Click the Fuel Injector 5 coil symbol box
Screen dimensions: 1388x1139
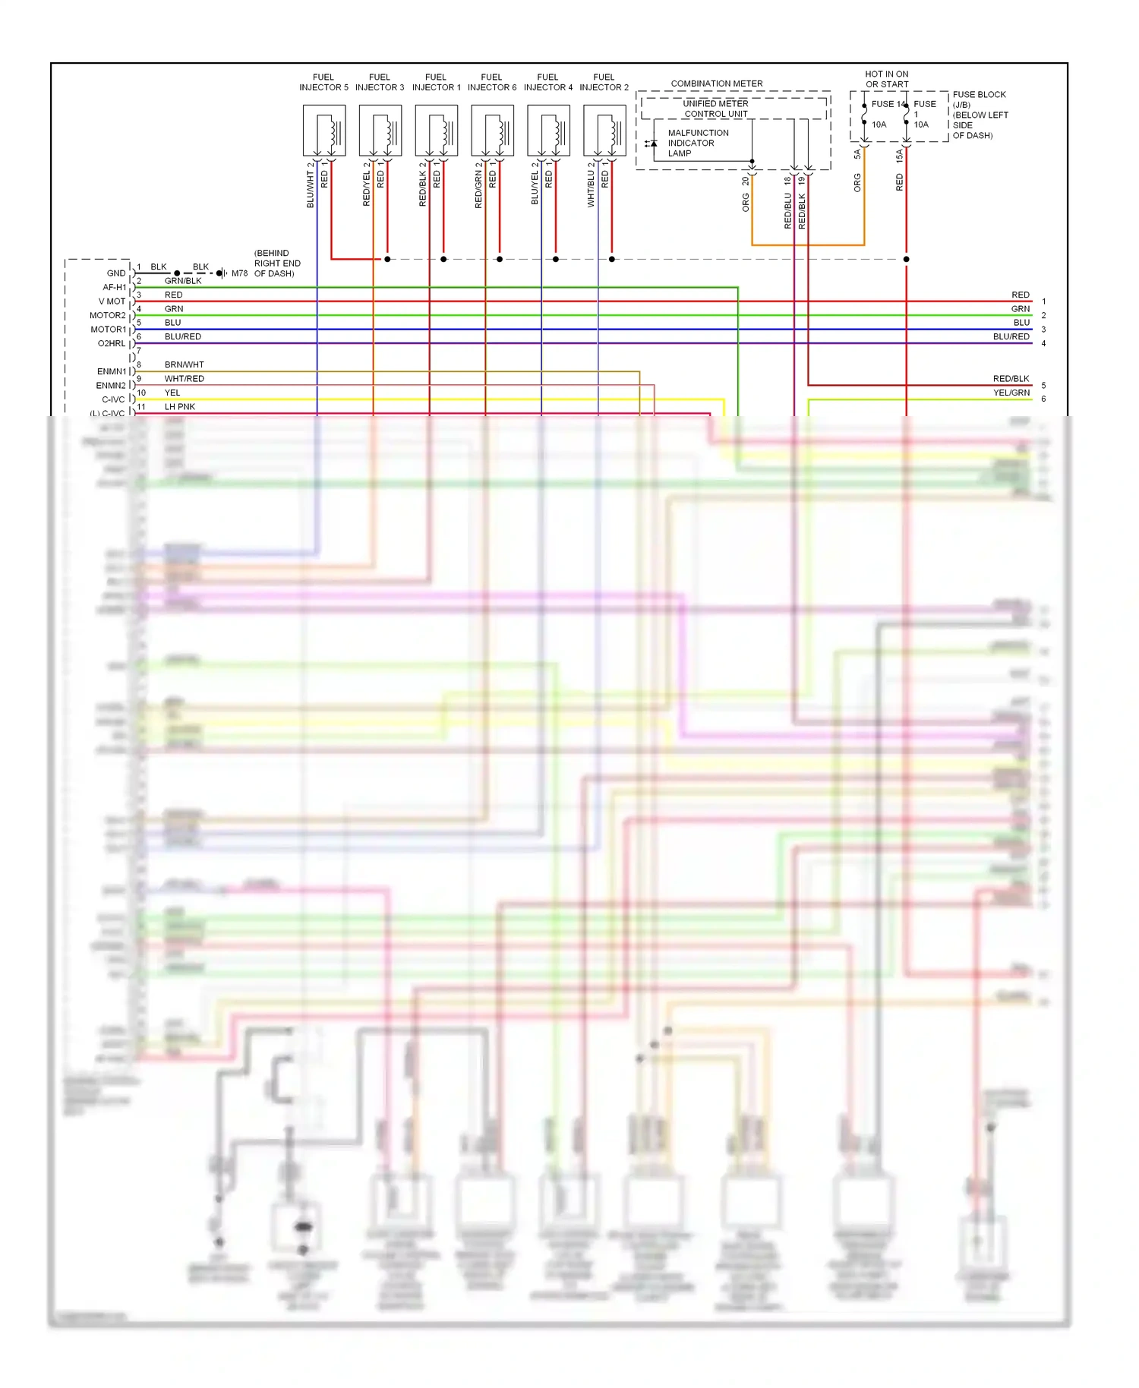(324, 131)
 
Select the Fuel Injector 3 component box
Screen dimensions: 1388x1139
(380, 131)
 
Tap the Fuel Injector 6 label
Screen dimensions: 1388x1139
(491, 82)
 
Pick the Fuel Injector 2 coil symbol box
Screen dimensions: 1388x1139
(604, 131)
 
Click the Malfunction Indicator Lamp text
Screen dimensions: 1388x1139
(697, 143)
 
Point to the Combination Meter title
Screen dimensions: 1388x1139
(717, 84)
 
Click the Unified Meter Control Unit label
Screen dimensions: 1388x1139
(716, 109)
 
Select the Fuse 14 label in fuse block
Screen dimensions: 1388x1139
(887, 104)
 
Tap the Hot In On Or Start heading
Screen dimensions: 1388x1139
(887, 79)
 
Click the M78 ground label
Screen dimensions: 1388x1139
(239, 273)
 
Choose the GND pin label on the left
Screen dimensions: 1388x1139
(116, 273)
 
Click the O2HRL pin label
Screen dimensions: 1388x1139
(112, 343)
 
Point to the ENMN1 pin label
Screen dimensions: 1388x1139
(112, 371)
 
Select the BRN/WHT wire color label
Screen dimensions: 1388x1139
(184, 364)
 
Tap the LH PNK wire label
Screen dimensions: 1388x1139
(180, 406)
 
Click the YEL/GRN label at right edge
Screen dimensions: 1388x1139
(1011, 393)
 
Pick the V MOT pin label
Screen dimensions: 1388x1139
(112, 301)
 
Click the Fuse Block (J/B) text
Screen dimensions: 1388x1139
(980, 99)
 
